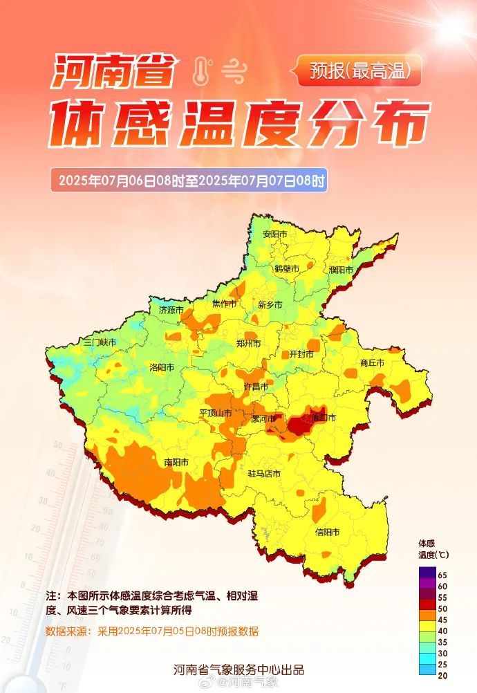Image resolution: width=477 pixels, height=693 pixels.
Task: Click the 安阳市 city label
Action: [274, 234]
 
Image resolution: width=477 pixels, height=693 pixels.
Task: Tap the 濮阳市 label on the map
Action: [341, 270]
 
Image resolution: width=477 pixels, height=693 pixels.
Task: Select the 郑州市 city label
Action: [248, 343]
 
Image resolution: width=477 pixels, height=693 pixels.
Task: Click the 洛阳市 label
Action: [163, 368]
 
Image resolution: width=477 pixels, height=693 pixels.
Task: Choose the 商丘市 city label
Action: [372, 362]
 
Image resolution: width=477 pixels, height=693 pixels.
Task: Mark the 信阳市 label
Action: [327, 532]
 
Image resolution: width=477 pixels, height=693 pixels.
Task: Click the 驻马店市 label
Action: [264, 474]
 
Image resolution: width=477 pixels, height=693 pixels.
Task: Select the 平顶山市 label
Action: [215, 413]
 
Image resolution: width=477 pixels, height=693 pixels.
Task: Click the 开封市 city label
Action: [301, 353]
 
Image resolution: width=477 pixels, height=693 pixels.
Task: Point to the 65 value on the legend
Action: [442, 575]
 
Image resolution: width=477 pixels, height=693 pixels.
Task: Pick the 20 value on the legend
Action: [442, 675]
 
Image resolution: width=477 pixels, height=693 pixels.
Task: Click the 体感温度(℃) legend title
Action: [433, 549]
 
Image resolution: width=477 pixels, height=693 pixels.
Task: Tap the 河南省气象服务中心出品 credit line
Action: [238, 669]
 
